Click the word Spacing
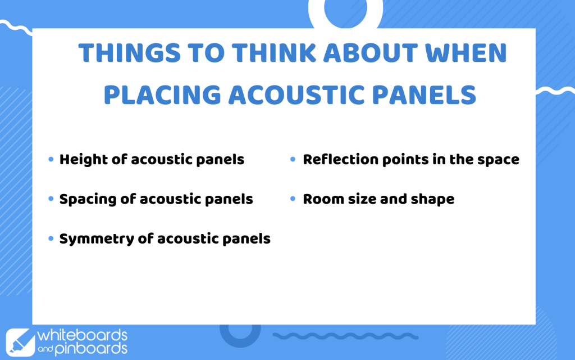[87, 200]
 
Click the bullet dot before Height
[51, 159]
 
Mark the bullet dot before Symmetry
[51, 238]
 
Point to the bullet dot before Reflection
[293, 159]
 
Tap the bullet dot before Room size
[293, 199]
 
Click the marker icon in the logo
[20, 343]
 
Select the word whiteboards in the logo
[83, 335]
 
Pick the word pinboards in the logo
[91, 349]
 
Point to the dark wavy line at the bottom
[345, 336]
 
